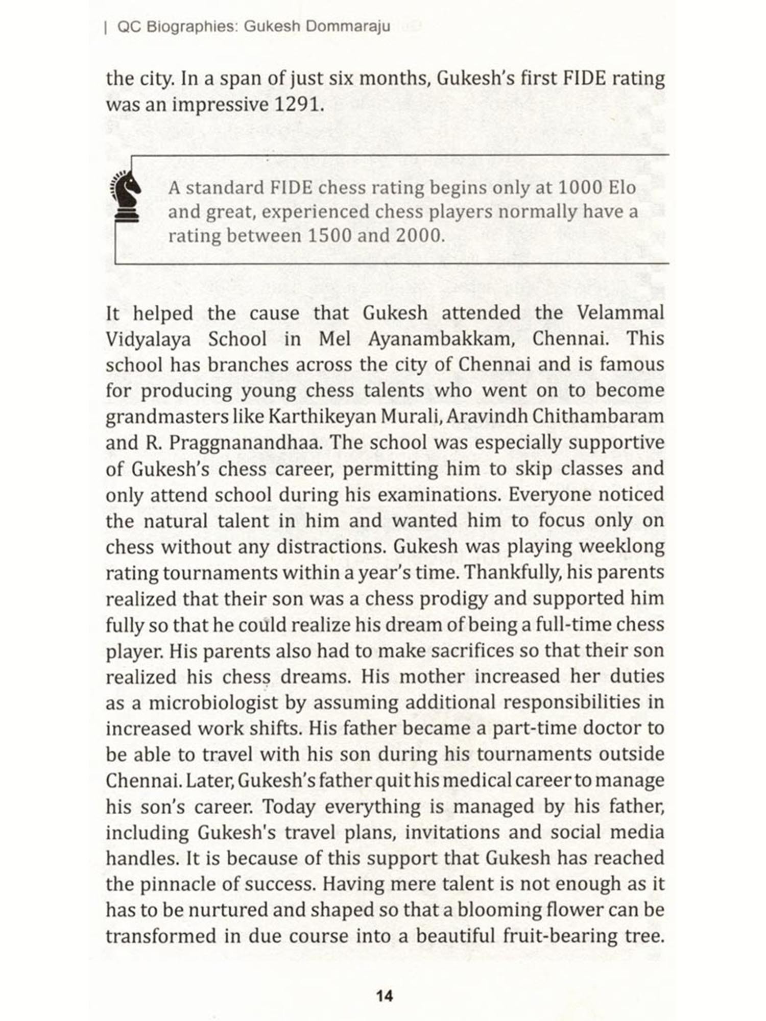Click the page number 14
click(x=384, y=995)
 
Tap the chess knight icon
click(x=126, y=196)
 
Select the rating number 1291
click(x=298, y=105)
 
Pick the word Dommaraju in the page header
click(x=348, y=27)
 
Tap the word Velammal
click(x=620, y=312)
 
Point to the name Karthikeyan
click(x=322, y=416)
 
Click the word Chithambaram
click(x=598, y=416)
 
